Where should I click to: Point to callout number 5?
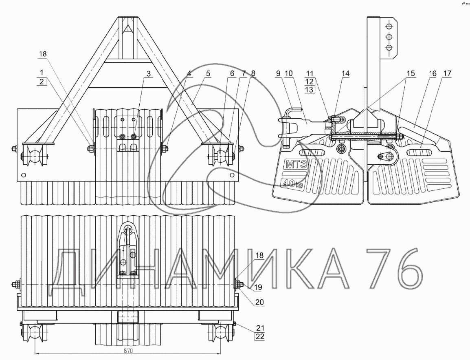coord(208,74)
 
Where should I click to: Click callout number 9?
coord(278,74)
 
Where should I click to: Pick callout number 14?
coord(346,74)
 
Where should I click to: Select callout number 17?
coord(447,74)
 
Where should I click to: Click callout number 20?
coord(260,302)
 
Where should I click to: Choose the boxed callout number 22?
coord(260,336)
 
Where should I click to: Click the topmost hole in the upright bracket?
coord(389,26)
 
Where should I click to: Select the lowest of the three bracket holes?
coord(389,48)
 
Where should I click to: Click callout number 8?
coord(254,74)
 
